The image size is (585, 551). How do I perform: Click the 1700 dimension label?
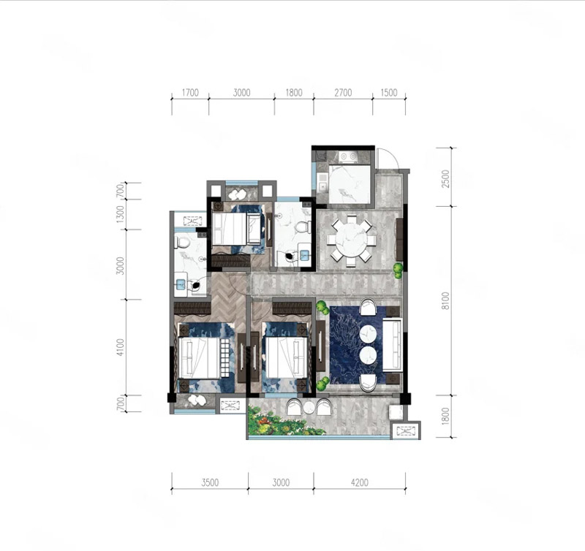click(x=190, y=93)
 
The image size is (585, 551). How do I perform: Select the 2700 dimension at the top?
click(x=343, y=93)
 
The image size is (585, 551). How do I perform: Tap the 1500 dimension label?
click(x=389, y=93)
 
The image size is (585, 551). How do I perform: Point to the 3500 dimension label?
click(x=210, y=482)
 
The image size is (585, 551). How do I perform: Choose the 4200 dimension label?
click(x=359, y=482)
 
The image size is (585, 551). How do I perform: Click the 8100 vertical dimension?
click(x=445, y=301)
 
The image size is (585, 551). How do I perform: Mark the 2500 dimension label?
click(x=445, y=179)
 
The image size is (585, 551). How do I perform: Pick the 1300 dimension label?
click(x=120, y=214)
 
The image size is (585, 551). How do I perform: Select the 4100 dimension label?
click(x=120, y=347)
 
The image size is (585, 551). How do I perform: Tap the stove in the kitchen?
click(x=348, y=157)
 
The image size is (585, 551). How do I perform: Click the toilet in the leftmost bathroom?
click(x=182, y=243)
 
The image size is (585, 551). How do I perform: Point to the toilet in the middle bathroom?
click(x=303, y=227)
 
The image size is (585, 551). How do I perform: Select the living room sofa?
click(x=392, y=345)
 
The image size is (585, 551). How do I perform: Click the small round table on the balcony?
click(x=309, y=408)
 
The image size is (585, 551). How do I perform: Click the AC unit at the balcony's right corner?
click(x=406, y=431)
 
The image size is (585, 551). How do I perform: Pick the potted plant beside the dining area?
click(x=399, y=271)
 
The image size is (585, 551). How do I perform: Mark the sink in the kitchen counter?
click(x=322, y=186)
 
